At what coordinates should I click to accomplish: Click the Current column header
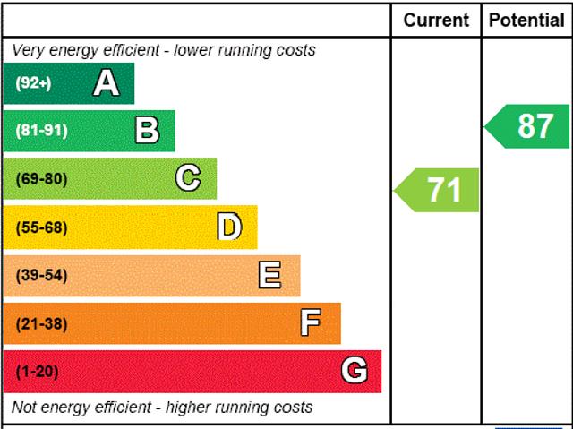point(436,20)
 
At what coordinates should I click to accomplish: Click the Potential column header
point(526,20)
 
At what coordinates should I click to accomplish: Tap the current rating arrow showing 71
point(438,190)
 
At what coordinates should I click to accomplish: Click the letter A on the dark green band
point(106,83)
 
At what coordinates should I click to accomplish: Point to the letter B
point(147,131)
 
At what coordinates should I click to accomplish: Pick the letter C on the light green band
point(188,178)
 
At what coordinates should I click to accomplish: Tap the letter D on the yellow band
point(229,227)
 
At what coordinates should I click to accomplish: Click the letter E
point(269,275)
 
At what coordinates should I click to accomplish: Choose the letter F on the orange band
point(311,322)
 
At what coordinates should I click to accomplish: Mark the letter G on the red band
point(355,371)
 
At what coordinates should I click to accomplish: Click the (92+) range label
point(33,83)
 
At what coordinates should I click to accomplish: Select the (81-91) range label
point(41,131)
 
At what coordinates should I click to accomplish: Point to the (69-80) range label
point(41,178)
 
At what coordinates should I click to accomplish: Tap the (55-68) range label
point(41,227)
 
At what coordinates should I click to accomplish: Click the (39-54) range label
point(41,275)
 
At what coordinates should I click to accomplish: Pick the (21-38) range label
point(41,323)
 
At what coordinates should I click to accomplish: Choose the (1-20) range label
point(37,371)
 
